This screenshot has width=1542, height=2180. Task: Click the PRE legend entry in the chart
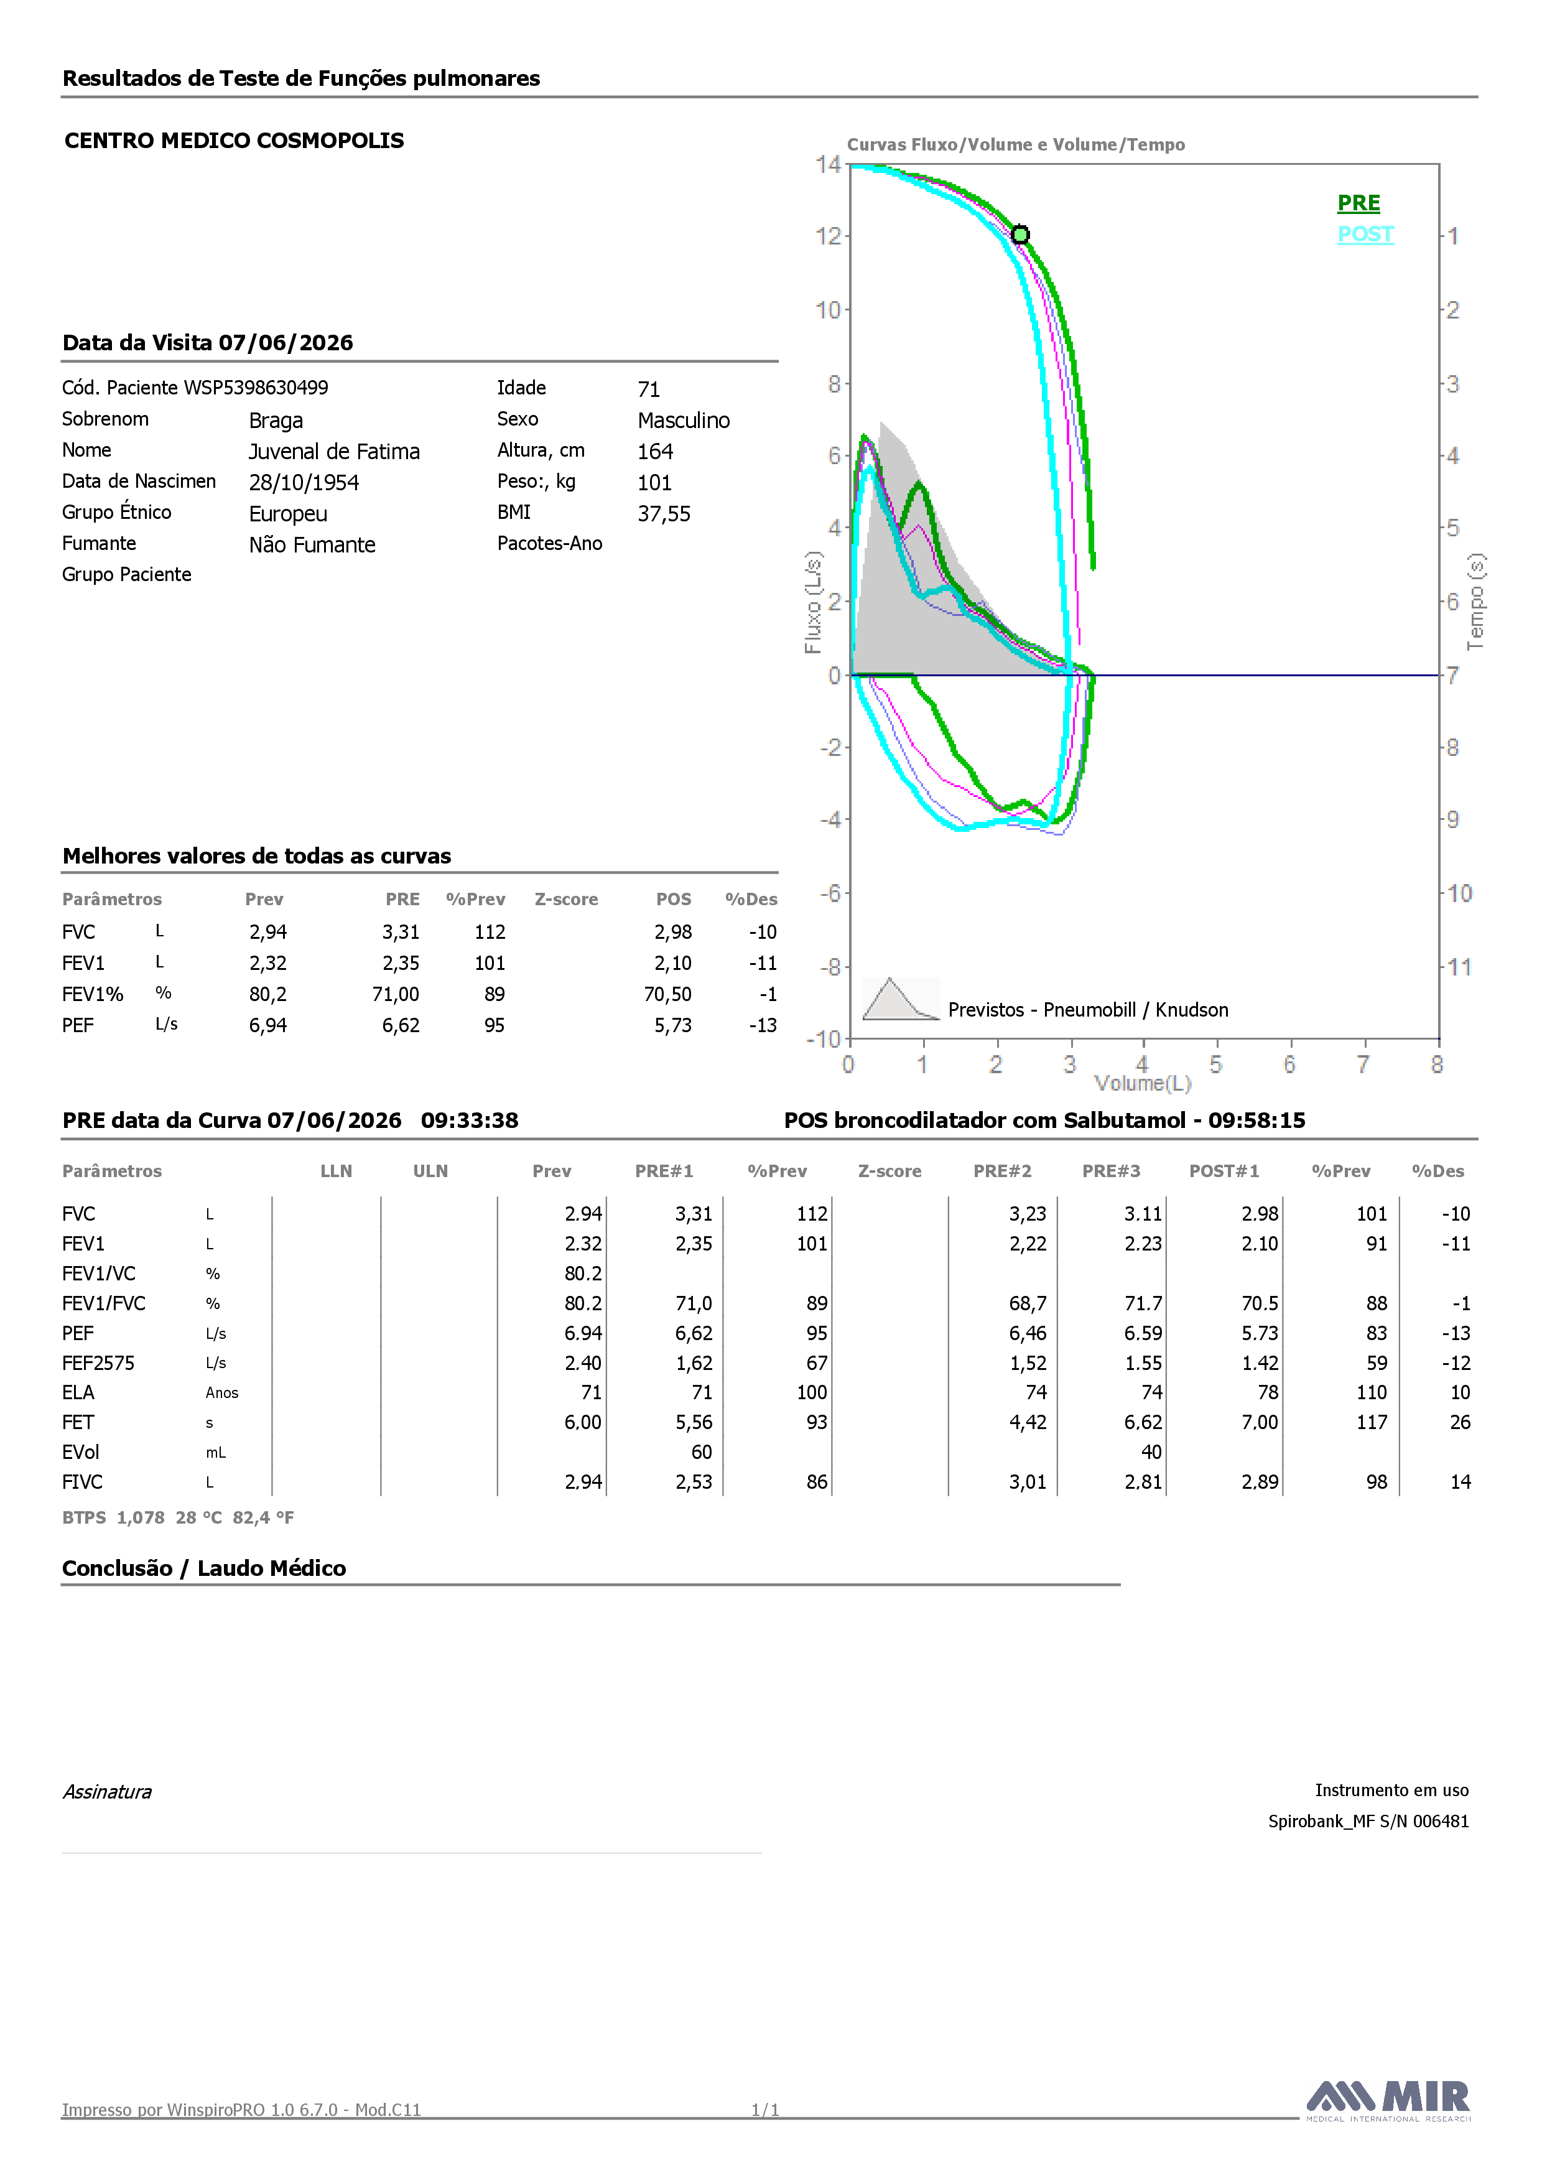[1358, 203]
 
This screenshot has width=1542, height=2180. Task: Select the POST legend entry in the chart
[1365, 235]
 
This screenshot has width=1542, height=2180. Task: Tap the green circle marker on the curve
[1019, 235]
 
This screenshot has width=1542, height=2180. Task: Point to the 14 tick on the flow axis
[828, 164]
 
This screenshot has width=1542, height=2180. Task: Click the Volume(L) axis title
[1142, 1083]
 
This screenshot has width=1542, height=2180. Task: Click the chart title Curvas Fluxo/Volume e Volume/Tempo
[1016, 144]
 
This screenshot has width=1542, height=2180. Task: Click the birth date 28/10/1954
[304, 482]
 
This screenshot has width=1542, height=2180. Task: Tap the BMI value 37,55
[664, 514]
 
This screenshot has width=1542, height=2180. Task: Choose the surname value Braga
[276, 421]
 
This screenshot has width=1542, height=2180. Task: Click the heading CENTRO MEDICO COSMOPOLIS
[235, 141]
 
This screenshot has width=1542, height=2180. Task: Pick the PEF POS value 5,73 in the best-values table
[672, 1025]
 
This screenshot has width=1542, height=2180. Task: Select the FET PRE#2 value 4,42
[1028, 1422]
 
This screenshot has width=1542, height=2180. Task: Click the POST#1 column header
[1224, 1171]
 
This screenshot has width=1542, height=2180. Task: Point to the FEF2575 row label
[99, 1362]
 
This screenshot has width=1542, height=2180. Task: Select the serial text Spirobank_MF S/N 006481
[1368, 1821]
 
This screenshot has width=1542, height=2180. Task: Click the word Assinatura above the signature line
[107, 1792]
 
